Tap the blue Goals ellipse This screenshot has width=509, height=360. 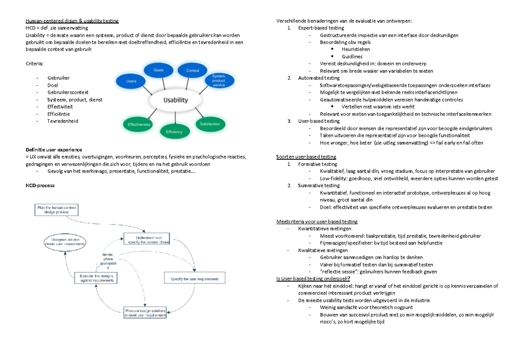159,70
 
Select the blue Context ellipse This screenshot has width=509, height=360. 193,70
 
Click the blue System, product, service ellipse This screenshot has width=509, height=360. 219,79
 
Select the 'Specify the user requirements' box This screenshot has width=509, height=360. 195,279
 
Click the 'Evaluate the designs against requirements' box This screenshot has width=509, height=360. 97,278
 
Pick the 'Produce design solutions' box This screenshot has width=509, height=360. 145,313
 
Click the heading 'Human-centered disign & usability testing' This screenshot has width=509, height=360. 72,21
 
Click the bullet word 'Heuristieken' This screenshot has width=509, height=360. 355,49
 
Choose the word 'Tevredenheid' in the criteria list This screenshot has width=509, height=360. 63,121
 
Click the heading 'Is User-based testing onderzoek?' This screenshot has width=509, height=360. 313,279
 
